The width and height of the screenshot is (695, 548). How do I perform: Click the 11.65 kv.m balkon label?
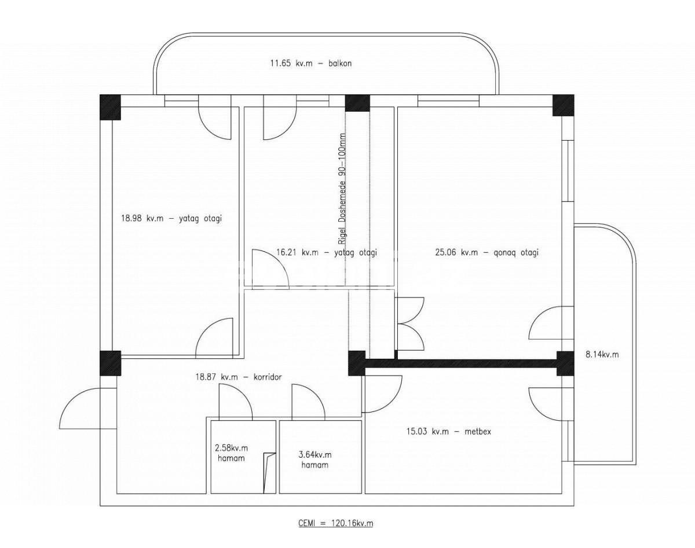pyautogui.click(x=310, y=64)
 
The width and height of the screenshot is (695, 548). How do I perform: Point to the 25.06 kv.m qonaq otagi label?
pyautogui.click(x=487, y=252)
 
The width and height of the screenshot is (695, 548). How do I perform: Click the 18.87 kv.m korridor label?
pyautogui.click(x=239, y=377)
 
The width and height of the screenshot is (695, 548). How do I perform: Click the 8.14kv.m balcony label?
pyautogui.click(x=602, y=355)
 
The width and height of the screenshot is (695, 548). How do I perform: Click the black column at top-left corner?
pyautogui.click(x=109, y=107)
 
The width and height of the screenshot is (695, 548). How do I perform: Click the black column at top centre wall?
pyautogui.click(x=357, y=103)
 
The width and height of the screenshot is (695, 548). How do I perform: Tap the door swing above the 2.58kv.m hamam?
pyautogui.click(x=236, y=402)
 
